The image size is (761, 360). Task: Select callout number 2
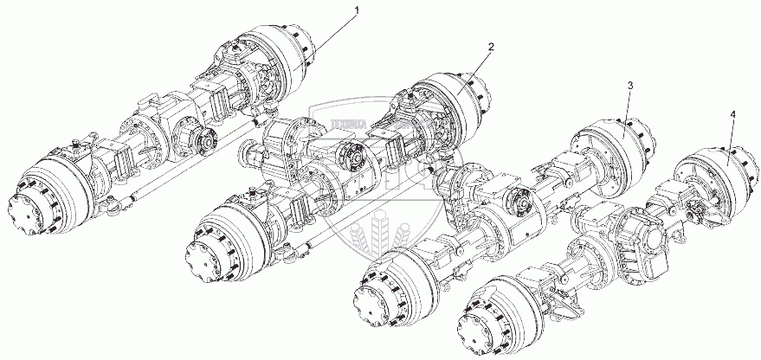(x=491, y=47)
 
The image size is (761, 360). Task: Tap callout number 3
(x=629, y=85)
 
